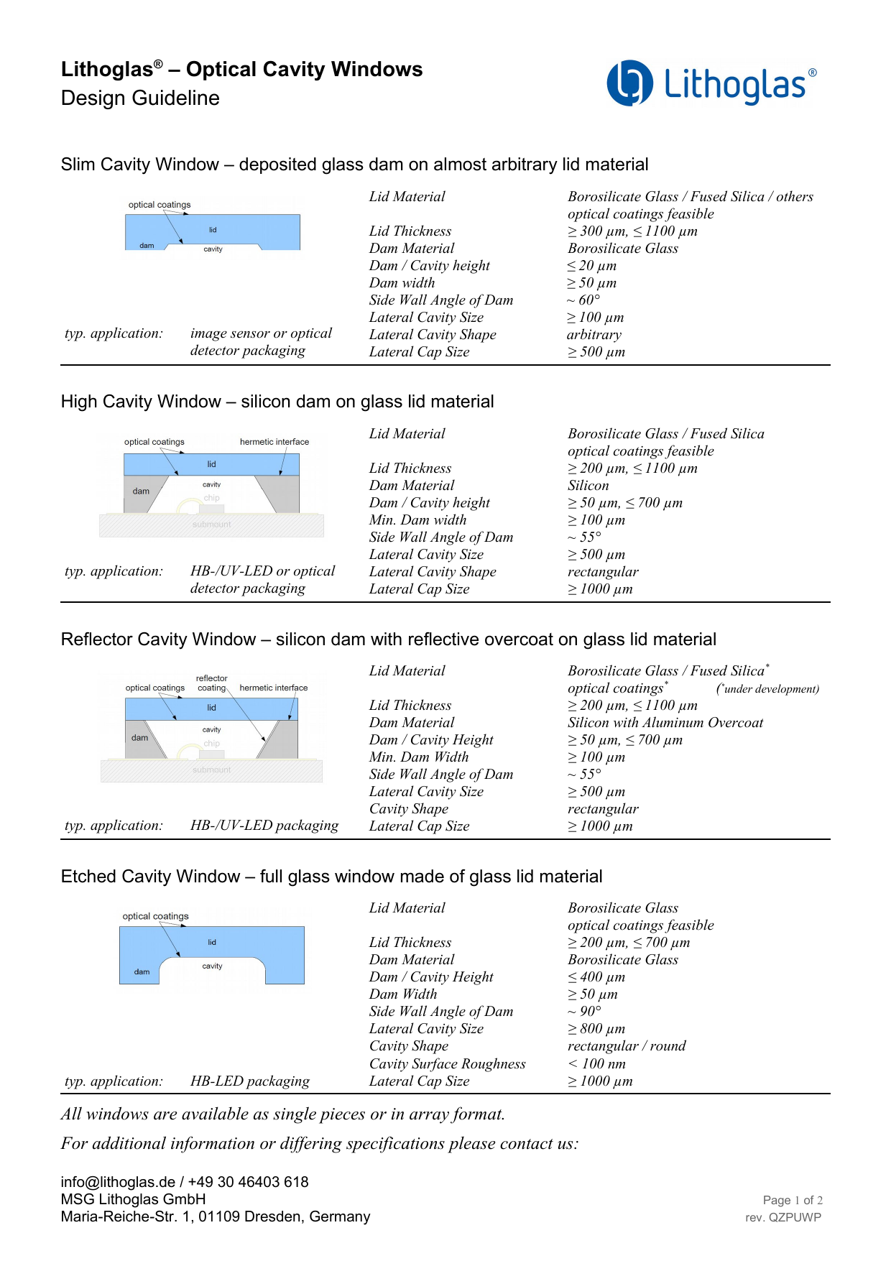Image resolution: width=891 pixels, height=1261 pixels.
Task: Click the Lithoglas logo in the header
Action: [711, 83]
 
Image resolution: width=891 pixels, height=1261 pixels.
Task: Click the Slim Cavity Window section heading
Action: [354, 165]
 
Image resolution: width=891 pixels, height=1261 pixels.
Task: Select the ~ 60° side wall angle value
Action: [583, 300]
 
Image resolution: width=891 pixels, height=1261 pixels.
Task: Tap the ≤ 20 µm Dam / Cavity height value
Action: [592, 266]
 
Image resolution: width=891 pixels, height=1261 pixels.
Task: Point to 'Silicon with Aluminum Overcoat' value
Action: [665, 723]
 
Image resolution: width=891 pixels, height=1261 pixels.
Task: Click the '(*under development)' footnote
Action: [767, 689]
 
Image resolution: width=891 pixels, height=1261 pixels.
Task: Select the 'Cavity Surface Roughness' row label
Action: [447, 1064]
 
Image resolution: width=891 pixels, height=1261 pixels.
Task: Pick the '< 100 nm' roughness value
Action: [596, 1064]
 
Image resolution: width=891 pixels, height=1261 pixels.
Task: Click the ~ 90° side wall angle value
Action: [584, 1012]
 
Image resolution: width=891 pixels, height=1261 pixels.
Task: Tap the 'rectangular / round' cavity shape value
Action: [627, 1046]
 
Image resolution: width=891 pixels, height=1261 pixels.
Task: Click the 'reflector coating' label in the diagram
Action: [212, 683]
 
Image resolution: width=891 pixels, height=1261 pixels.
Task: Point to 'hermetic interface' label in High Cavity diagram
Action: [274, 442]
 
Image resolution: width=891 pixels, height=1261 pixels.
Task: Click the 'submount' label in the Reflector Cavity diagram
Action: [211, 770]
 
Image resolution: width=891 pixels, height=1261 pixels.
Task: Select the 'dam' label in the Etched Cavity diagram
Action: [142, 972]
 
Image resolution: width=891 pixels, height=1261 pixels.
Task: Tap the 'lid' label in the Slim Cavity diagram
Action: [213, 230]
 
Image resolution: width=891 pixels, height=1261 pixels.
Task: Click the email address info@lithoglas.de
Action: [118, 1182]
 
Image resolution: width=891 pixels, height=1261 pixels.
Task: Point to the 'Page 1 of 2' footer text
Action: [793, 1201]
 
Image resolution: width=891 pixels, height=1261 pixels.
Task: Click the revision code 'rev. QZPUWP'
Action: [783, 1218]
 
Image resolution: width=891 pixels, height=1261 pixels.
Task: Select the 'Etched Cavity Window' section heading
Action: [331, 877]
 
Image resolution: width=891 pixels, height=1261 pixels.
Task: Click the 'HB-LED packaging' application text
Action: [250, 1081]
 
